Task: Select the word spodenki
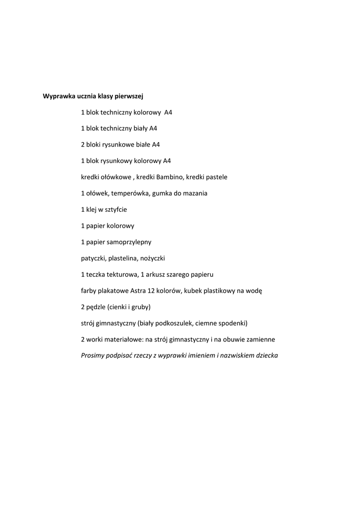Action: pos(232,323)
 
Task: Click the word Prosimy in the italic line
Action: pos(93,355)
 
